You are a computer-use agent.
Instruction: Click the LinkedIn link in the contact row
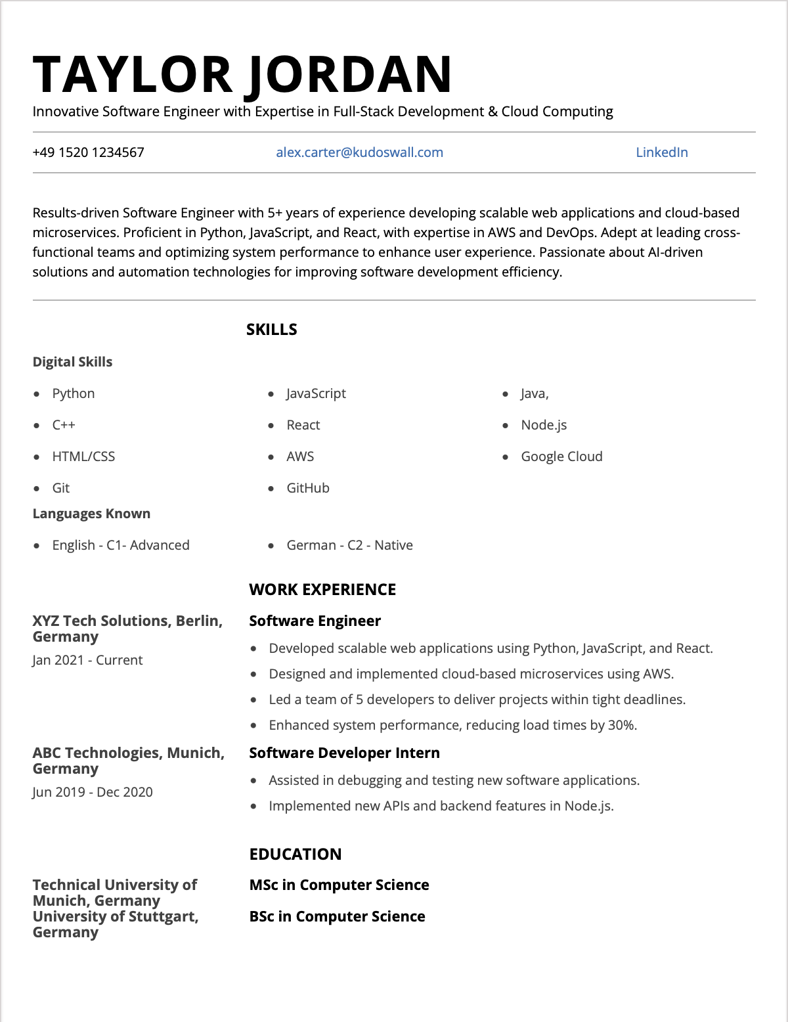click(x=661, y=152)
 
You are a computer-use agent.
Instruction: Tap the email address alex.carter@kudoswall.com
click(x=359, y=152)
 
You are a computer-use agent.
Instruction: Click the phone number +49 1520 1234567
click(x=88, y=152)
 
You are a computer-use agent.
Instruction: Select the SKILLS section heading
click(x=271, y=330)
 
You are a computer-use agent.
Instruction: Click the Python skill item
click(x=74, y=393)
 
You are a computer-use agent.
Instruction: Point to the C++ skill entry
click(x=64, y=425)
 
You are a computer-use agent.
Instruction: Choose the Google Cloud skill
click(x=561, y=456)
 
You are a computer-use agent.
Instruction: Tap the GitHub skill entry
click(x=308, y=488)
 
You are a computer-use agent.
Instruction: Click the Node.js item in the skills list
click(x=544, y=425)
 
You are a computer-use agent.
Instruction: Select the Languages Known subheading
click(x=91, y=514)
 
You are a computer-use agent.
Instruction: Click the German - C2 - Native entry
click(x=349, y=545)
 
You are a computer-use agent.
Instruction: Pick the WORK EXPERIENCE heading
click(x=322, y=590)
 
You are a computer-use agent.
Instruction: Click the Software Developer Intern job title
click(x=344, y=753)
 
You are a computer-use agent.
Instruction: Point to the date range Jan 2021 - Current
click(x=87, y=660)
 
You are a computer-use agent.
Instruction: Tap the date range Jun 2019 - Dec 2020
click(x=93, y=792)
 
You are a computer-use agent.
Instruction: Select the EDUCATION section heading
click(x=295, y=855)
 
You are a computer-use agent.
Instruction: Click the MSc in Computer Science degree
click(x=339, y=885)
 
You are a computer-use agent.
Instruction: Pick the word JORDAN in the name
click(x=350, y=74)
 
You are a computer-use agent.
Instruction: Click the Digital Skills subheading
click(x=72, y=362)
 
